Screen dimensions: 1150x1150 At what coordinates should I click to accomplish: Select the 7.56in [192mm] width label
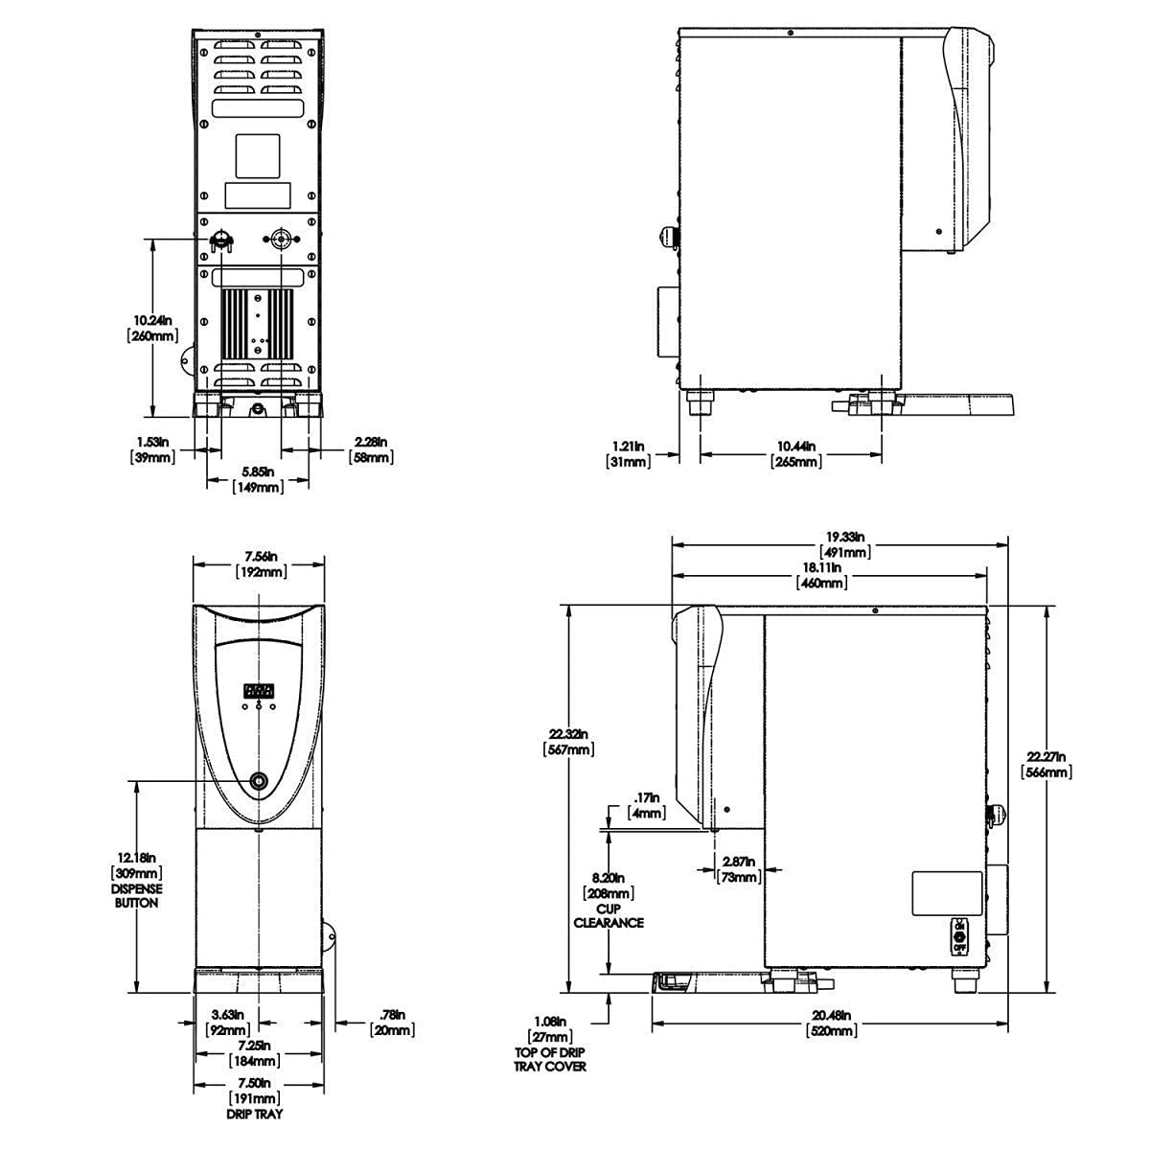(260, 563)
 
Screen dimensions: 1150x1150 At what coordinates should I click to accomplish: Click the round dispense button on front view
(259, 781)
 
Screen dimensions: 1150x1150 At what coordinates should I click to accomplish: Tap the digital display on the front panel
(259, 690)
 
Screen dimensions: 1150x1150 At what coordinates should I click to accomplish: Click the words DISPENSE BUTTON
(137, 895)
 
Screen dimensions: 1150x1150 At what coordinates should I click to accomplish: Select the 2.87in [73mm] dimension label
(741, 869)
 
